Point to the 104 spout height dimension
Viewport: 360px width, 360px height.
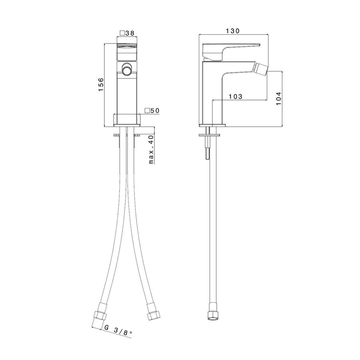click(x=279, y=98)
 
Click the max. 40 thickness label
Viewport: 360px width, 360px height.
click(x=151, y=150)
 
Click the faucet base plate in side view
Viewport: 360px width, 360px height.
click(x=212, y=126)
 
